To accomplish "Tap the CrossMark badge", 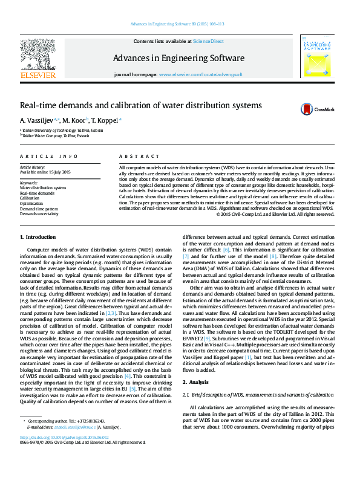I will coord(318,109).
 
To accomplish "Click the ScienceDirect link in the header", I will coord(208,41).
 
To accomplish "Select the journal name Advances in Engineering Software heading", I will coord(178,59).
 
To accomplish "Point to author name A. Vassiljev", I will coord(38,120).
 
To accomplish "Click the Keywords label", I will coord(29,183).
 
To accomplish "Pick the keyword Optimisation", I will coord(31,204).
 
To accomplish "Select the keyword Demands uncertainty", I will coord(39,214).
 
